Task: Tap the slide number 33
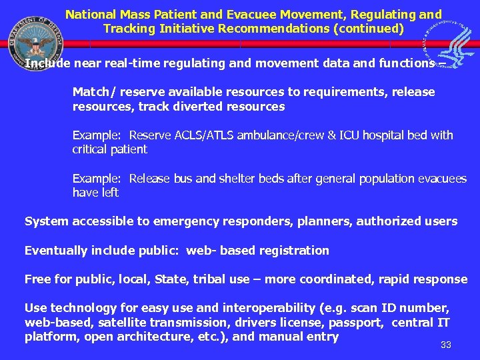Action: click(446, 345)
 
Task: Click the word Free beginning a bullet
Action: click(37, 279)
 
